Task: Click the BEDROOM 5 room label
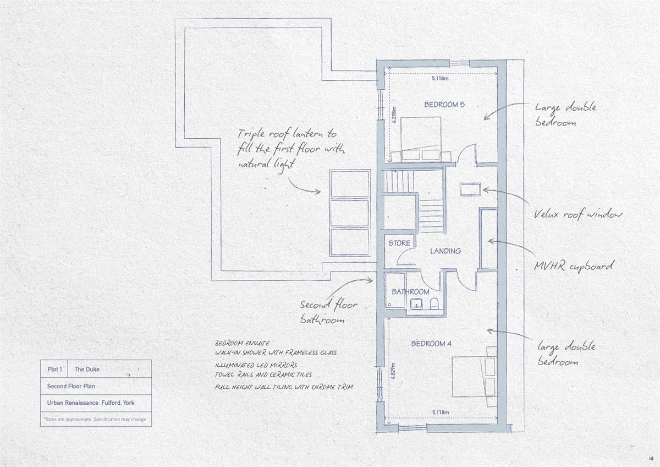click(444, 105)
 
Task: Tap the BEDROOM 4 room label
click(431, 344)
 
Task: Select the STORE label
click(399, 243)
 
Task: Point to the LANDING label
click(446, 251)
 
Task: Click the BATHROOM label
click(410, 292)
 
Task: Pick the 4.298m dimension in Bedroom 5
click(395, 115)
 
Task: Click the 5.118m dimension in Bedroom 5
click(440, 78)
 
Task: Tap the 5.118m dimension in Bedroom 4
click(441, 412)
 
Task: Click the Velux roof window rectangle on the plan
click(470, 189)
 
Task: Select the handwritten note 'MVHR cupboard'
click(574, 266)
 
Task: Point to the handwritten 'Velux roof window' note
click(578, 214)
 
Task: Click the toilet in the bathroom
click(435, 303)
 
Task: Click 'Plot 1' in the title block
click(55, 369)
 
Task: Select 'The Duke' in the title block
click(87, 369)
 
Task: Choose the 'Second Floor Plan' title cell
click(71, 386)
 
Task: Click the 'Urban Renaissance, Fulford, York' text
click(91, 403)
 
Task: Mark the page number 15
click(651, 458)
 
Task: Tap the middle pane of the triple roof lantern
click(349, 213)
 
